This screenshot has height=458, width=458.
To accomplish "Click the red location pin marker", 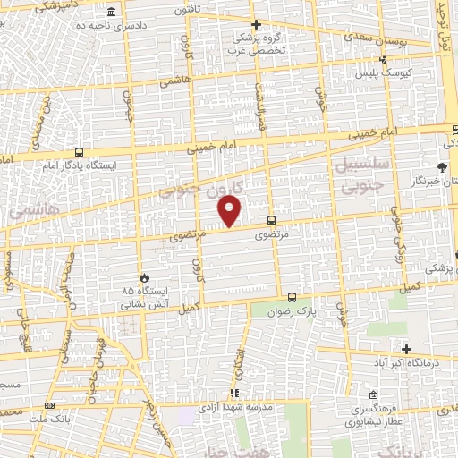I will tap(230, 212).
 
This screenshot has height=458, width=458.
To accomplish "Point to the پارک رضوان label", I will tap(296, 313).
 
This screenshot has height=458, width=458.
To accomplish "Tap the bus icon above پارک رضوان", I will tap(292, 297).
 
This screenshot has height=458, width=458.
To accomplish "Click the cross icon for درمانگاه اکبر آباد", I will tap(407, 349).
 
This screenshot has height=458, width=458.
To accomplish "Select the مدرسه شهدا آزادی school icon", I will tap(233, 393).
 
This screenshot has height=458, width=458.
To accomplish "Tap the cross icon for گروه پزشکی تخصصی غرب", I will tap(256, 25).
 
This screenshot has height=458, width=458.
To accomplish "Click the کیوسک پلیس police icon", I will tap(383, 60).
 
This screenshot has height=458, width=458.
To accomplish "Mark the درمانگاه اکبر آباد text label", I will tap(406, 363).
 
